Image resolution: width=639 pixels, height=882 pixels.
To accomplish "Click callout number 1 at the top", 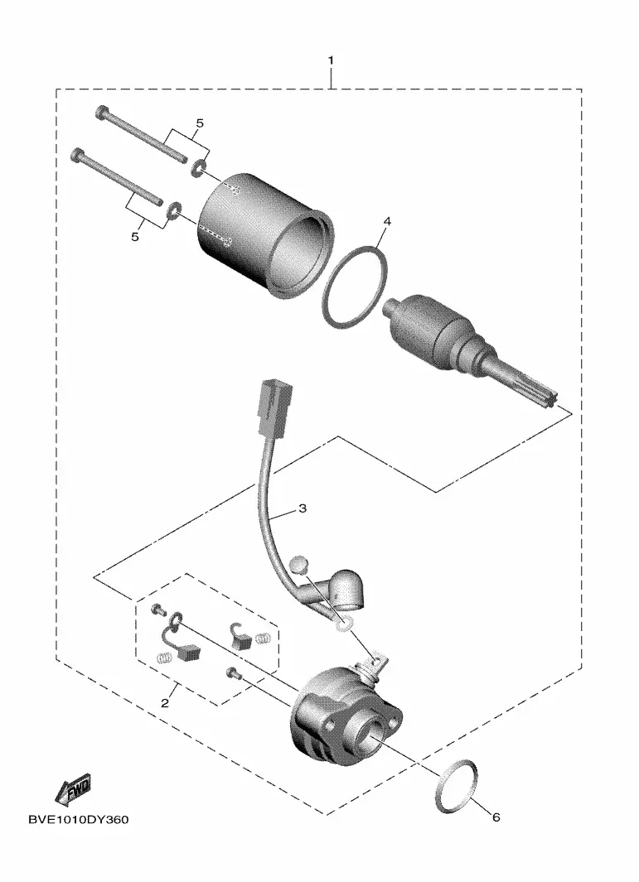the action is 331,60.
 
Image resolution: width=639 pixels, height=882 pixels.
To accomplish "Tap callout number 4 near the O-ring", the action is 387,222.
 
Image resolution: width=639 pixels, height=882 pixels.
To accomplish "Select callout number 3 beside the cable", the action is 303,509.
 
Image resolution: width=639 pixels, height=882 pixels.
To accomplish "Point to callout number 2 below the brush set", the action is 165,703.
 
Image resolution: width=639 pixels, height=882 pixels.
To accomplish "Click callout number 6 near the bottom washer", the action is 496,817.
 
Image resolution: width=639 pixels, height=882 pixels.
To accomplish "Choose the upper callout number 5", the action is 200,123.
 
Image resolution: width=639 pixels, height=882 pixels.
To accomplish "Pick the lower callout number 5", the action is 134,237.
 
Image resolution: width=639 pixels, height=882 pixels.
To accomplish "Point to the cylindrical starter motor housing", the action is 264,233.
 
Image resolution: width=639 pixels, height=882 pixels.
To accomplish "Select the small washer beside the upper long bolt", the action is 198,167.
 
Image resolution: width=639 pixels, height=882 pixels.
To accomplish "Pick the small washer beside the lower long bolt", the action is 175,210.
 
